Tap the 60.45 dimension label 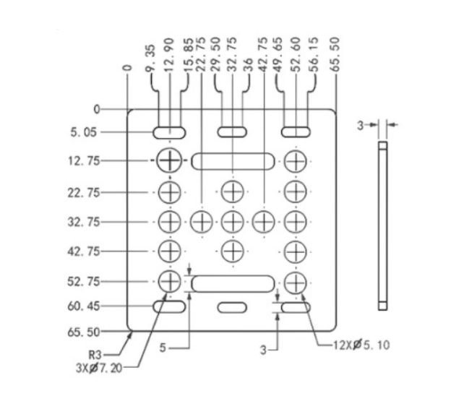85,306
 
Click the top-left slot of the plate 170,132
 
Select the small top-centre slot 232,132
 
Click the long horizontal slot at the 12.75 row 232,160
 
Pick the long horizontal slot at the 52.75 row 232,283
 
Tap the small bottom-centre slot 232,308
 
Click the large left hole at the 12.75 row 170,160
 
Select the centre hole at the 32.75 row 232,221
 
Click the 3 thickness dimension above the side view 360,125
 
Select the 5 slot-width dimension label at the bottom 163,348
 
